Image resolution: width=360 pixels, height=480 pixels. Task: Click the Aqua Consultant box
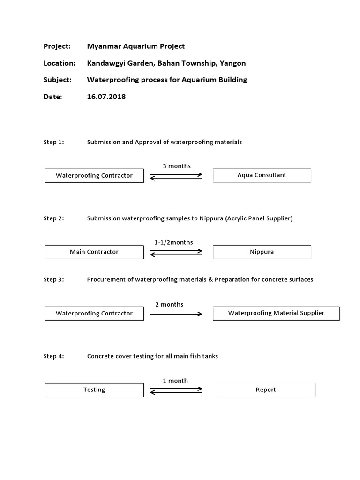coord(262,175)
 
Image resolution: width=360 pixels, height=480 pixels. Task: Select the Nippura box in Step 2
coord(262,252)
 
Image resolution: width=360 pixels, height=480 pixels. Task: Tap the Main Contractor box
coord(94,252)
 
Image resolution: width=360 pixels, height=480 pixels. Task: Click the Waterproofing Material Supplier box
coord(276,313)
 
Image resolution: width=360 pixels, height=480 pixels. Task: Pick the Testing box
coord(94,390)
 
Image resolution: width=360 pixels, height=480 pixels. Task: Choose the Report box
coord(266,390)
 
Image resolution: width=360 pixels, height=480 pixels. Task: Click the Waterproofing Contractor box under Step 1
coord(94,176)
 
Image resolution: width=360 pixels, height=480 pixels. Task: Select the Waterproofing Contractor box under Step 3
coord(94,314)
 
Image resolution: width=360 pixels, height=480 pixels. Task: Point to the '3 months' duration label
coord(177,166)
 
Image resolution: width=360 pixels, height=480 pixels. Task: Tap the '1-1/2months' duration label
coord(173,242)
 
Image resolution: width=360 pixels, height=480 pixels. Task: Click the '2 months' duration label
coord(169,304)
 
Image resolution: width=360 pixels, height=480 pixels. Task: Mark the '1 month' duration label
coord(175,381)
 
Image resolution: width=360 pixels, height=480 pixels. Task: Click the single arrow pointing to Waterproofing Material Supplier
coord(176,314)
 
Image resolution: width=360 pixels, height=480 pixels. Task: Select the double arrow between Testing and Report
coord(176,390)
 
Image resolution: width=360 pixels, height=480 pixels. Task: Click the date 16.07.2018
coord(106,97)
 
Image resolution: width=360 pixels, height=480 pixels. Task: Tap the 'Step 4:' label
coord(53,356)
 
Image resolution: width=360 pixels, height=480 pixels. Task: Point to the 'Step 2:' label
coord(53,218)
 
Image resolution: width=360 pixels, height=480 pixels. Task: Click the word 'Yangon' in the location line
coord(233,63)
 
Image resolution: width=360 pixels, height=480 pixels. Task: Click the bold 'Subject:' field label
coord(57,80)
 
